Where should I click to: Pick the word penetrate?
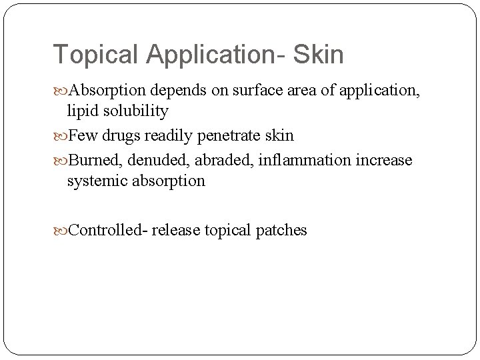[x=227, y=136]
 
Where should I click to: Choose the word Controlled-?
[x=109, y=231]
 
